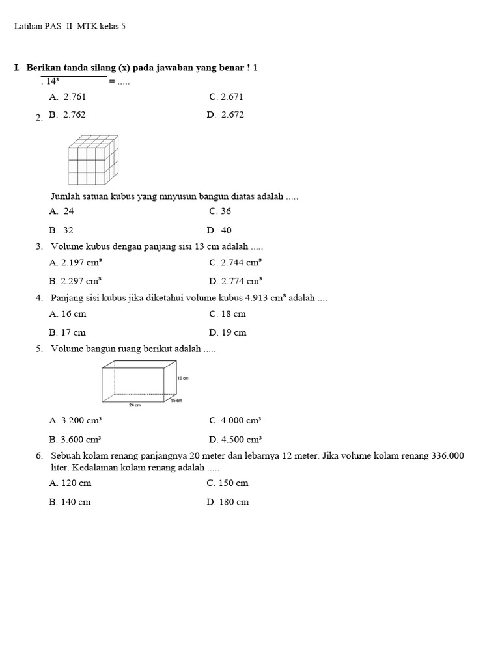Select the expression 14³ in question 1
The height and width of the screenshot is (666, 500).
click(x=53, y=81)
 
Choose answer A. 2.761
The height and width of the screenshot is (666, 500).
click(x=68, y=96)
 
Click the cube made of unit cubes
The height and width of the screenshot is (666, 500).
click(x=92, y=160)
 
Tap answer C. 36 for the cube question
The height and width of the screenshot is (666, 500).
click(x=220, y=211)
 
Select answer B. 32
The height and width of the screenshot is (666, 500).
click(x=61, y=230)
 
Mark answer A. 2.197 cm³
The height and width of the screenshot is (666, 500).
click(x=75, y=263)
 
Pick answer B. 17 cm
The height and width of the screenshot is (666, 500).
click(x=67, y=332)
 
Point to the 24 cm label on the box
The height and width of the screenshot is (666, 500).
click(x=135, y=405)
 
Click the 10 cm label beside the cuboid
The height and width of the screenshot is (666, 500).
click(x=182, y=378)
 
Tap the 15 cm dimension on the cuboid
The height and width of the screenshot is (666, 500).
click(x=176, y=401)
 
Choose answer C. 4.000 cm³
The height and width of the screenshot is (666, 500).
click(x=235, y=420)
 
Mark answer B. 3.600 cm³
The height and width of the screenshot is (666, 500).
click(x=75, y=439)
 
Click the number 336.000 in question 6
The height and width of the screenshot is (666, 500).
click(x=447, y=456)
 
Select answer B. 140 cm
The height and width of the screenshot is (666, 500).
click(x=70, y=502)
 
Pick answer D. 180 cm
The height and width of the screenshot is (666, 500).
click(x=228, y=502)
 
